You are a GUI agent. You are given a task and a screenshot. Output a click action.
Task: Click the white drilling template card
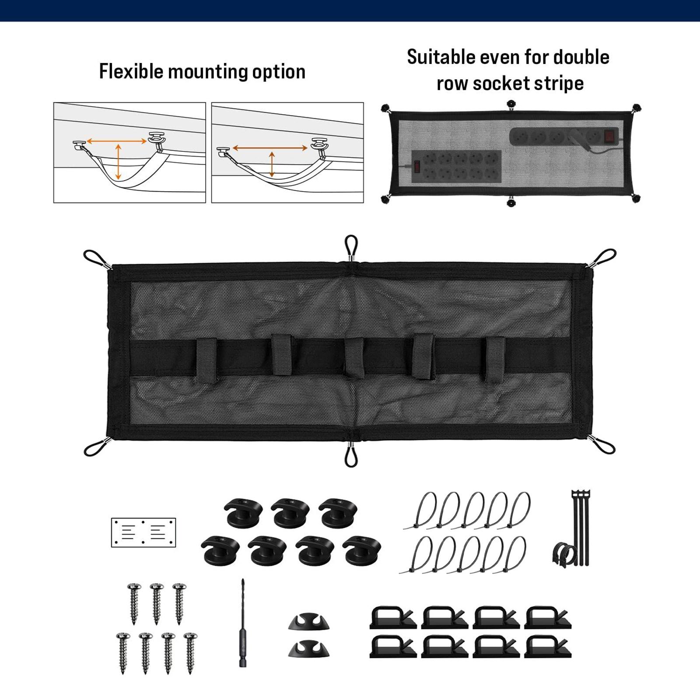[x=143, y=532]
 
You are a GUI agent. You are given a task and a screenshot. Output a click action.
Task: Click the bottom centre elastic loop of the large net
[x=351, y=455]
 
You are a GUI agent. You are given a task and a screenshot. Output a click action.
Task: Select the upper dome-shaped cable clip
[x=309, y=622]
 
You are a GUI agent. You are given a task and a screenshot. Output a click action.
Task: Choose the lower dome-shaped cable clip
[x=309, y=648]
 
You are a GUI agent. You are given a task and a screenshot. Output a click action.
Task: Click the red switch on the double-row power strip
[x=417, y=166]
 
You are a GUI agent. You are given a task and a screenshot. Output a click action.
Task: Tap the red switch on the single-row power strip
[x=609, y=136]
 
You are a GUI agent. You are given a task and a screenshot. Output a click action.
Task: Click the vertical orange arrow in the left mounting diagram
[x=118, y=161]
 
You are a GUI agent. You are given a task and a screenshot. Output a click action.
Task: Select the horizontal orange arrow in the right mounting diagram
[x=270, y=148]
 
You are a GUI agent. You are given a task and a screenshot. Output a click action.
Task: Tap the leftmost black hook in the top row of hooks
[x=243, y=512]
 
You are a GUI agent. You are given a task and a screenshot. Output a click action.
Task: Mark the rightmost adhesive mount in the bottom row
[x=547, y=647]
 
